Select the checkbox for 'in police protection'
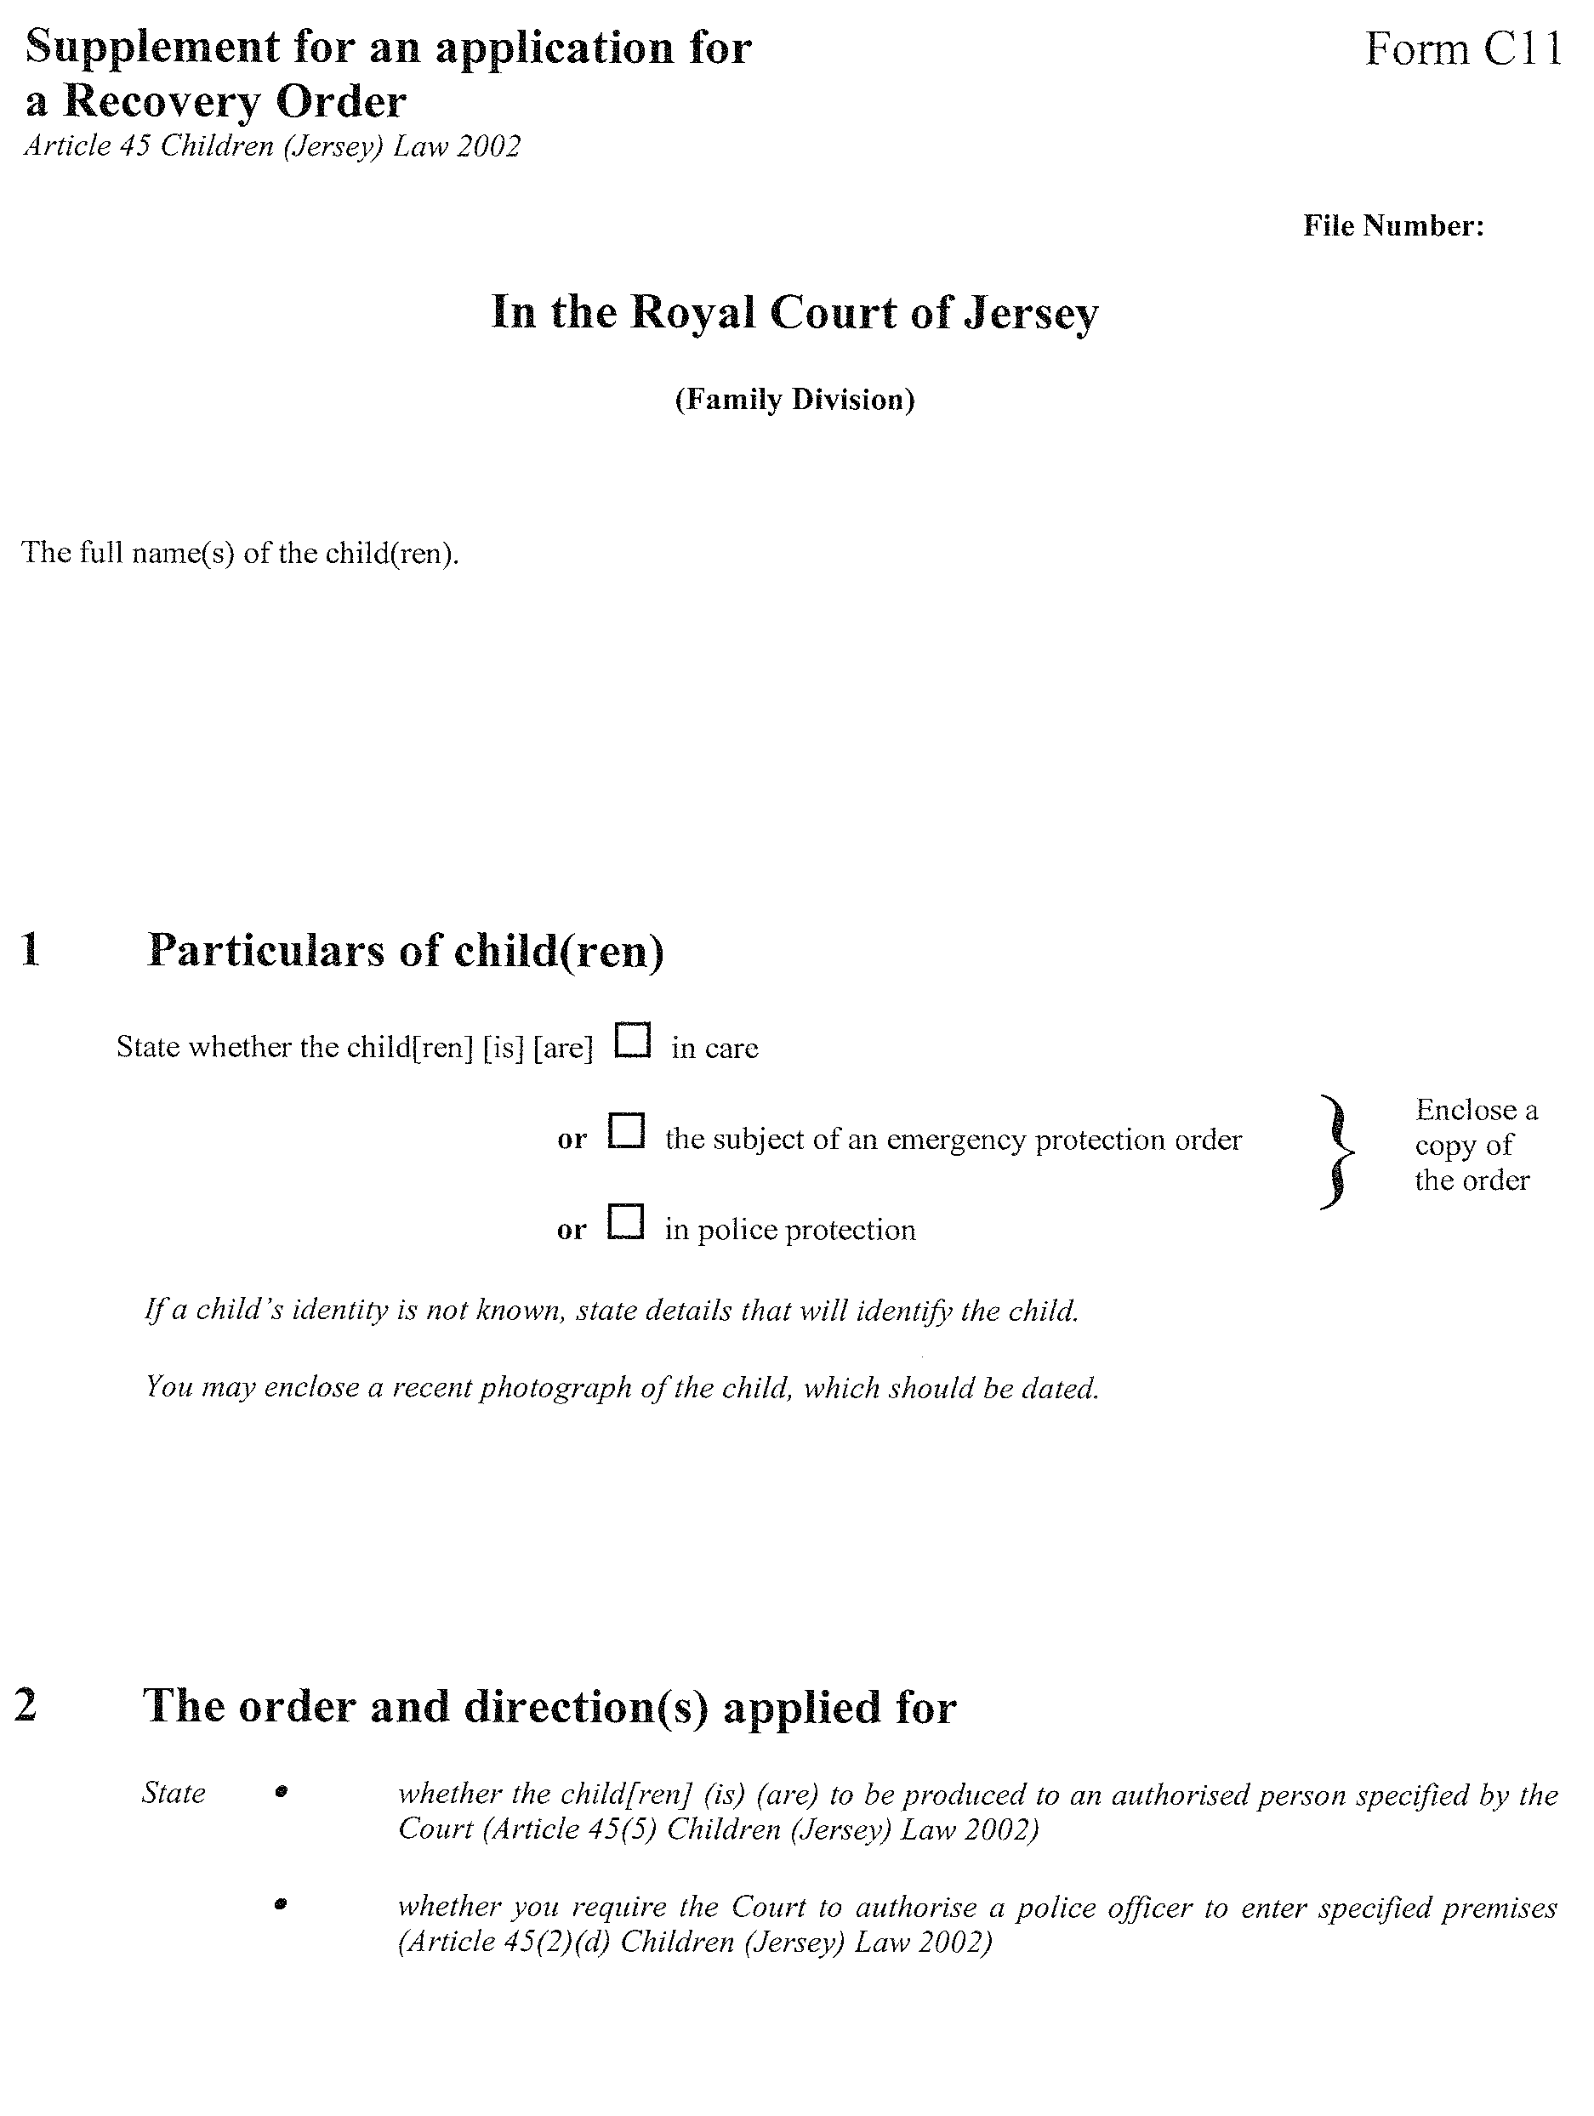pyautogui.click(x=626, y=1221)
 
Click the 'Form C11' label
pyautogui.click(x=1463, y=48)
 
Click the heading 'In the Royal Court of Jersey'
pyautogui.click(x=794, y=313)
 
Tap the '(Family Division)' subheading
pyautogui.click(x=794, y=399)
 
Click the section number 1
pyautogui.click(x=31, y=950)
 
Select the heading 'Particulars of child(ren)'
pyautogui.click(x=406, y=950)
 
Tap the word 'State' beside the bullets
pyautogui.click(x=174, y=1793)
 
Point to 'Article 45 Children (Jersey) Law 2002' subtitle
pyautogui.click(x=273, y=146)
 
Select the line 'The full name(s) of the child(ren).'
pyautogui.click(x=240, y=553)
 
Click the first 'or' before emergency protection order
pyautogui.click(x=572, y=1140)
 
